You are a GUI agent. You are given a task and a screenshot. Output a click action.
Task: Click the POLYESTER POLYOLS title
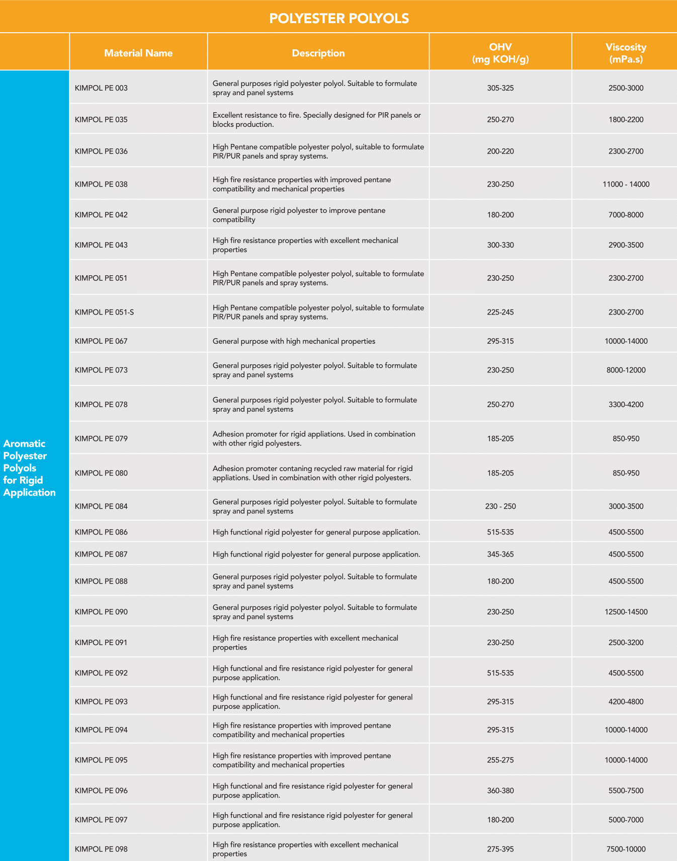coord(339,19)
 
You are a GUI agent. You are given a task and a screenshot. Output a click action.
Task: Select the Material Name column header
coord(138,53)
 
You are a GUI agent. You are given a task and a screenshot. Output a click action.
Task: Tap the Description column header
coord(318,53)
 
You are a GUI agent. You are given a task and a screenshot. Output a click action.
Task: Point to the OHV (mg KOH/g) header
coord(500,53)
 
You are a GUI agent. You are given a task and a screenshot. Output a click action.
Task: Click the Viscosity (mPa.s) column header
coord(626,53)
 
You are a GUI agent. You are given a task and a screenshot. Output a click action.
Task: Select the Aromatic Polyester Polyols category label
coord(29,467)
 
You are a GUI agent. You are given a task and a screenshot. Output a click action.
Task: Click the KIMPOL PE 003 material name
coord(101,88)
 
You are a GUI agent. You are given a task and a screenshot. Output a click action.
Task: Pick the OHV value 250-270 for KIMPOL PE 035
coord(500,120)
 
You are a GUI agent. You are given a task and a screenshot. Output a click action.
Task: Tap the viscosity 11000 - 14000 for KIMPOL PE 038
coord(626,184)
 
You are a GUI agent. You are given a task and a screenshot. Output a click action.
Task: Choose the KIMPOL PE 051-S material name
coord(104,312)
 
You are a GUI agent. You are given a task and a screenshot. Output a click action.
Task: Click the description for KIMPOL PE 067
coord(294,341)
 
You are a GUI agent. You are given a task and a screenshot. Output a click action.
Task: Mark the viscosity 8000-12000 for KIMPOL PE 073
coord(626,370)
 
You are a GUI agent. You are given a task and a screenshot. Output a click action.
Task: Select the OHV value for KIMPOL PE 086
coord(500,532)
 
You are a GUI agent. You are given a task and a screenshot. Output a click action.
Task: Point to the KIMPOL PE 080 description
coord(312,473)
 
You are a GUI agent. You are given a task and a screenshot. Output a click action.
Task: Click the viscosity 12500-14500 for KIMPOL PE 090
coord(626,612)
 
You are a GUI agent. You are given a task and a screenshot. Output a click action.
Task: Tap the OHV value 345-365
coord(500,554)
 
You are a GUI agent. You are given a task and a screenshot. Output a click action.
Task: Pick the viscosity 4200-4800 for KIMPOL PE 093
coord(626,701)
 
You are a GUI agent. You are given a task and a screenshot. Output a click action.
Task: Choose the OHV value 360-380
coord(500,791)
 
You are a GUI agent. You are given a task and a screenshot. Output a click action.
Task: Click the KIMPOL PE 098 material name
coord(101,849)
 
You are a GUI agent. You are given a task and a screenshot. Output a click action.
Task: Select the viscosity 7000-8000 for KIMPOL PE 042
coord(626,215)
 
